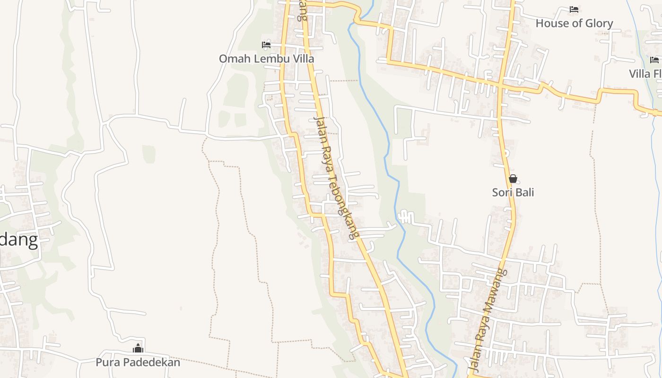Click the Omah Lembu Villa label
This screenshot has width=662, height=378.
pos(266,59)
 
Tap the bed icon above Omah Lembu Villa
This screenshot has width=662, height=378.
pos(266,45)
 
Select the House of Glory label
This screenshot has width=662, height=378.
pos(574,23)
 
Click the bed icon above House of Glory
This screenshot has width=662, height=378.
pos(574,9)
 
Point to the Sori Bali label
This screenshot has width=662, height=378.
pos(513,192)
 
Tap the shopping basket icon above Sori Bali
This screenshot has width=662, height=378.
pos(513,179)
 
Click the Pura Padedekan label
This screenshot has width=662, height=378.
pos(138,362)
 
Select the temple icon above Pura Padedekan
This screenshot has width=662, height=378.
pos(138,349)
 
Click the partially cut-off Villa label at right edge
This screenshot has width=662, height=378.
pos(646,74)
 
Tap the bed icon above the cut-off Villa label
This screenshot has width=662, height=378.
pos(654,60)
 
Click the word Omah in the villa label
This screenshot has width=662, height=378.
pos(235,59)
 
